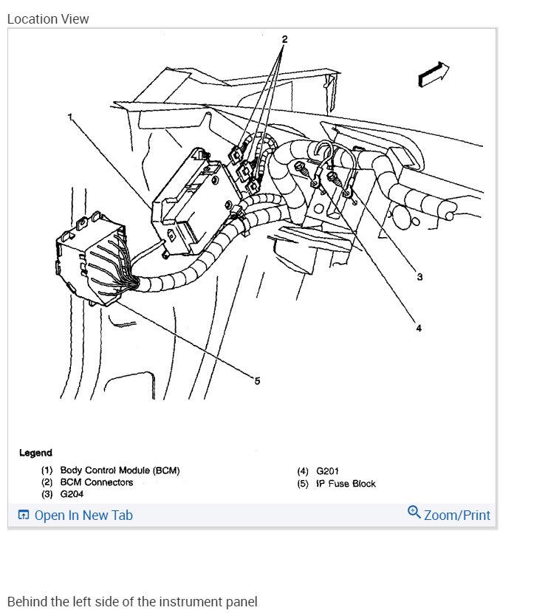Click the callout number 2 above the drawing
284,38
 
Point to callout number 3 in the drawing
419,278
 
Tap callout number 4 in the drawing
418,328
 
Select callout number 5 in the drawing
257,381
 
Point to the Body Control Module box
188,199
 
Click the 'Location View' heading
48,19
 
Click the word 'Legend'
35,453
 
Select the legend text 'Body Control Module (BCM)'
120,470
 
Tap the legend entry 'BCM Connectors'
97,482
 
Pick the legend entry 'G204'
72,494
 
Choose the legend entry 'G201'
328,471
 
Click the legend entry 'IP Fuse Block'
346,484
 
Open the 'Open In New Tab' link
83,516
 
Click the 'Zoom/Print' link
456,515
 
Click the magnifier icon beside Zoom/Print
414,513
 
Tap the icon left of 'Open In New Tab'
24,516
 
